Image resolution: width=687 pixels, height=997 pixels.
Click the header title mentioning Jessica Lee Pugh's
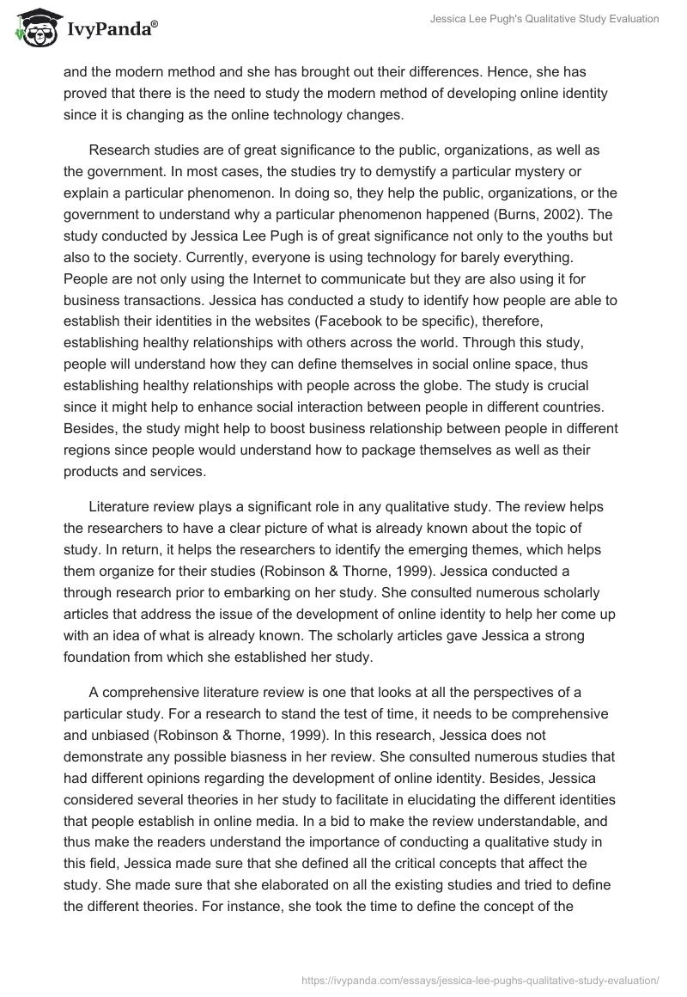[x=545, y=18]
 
